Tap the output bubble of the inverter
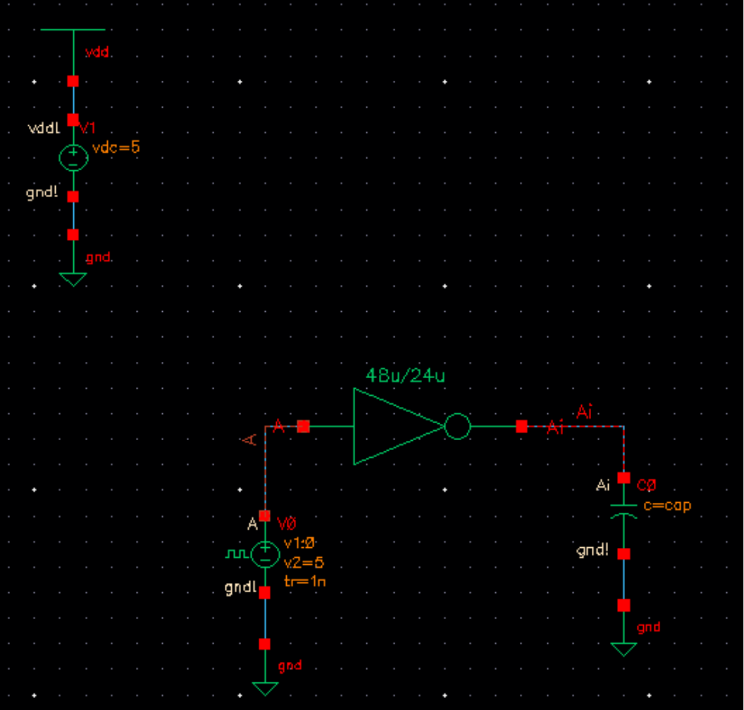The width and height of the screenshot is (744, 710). tap(457, 426)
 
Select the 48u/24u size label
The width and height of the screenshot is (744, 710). tap(405, 376)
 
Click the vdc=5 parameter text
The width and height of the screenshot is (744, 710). tap(116, 148)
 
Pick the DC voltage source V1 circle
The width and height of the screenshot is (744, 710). tap(73, 158)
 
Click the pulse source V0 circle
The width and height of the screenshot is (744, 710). tap(265, 554)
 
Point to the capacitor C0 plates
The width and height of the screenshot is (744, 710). tap(624, 510)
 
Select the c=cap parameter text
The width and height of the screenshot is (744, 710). tap(667, 505)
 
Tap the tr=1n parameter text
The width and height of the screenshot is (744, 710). tap(305, 581)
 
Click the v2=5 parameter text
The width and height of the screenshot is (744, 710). tap(304, 562)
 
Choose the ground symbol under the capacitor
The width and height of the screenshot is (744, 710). tap(624, 649)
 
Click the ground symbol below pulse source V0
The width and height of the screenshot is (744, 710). tap(265, 688)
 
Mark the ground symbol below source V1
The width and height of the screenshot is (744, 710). tap(73, 279)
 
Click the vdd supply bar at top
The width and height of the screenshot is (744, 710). tap(73, 29)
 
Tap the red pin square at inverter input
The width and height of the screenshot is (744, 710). tap(304, 426)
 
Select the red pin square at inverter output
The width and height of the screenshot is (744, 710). tap(522, 426)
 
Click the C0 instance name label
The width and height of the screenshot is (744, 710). tap(646, 485)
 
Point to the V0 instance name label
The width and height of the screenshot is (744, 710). tap(286, 523)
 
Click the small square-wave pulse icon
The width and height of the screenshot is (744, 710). tap(236, 554)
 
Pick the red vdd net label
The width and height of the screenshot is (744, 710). tap(98, 53)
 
